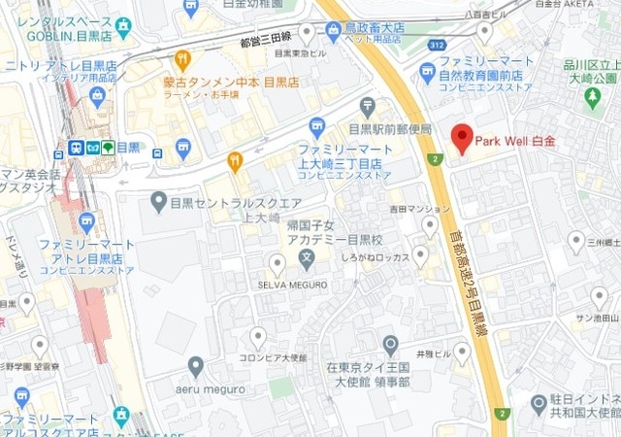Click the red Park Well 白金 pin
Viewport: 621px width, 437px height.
tap(462, 138)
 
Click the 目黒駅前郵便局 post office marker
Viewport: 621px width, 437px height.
tap(367, 106)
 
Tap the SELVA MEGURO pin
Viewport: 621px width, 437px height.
tap(277, 263)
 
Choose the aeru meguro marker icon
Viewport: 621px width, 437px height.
tap(196, 366)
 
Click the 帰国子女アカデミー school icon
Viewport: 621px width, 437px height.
tap(307, 259)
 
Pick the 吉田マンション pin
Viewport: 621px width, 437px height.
tap(430, 226)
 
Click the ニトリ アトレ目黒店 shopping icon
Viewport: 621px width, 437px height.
tap(97, 95)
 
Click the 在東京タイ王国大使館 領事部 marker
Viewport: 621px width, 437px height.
tap(390, 345)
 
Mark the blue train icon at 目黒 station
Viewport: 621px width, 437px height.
tap(75, 149)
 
